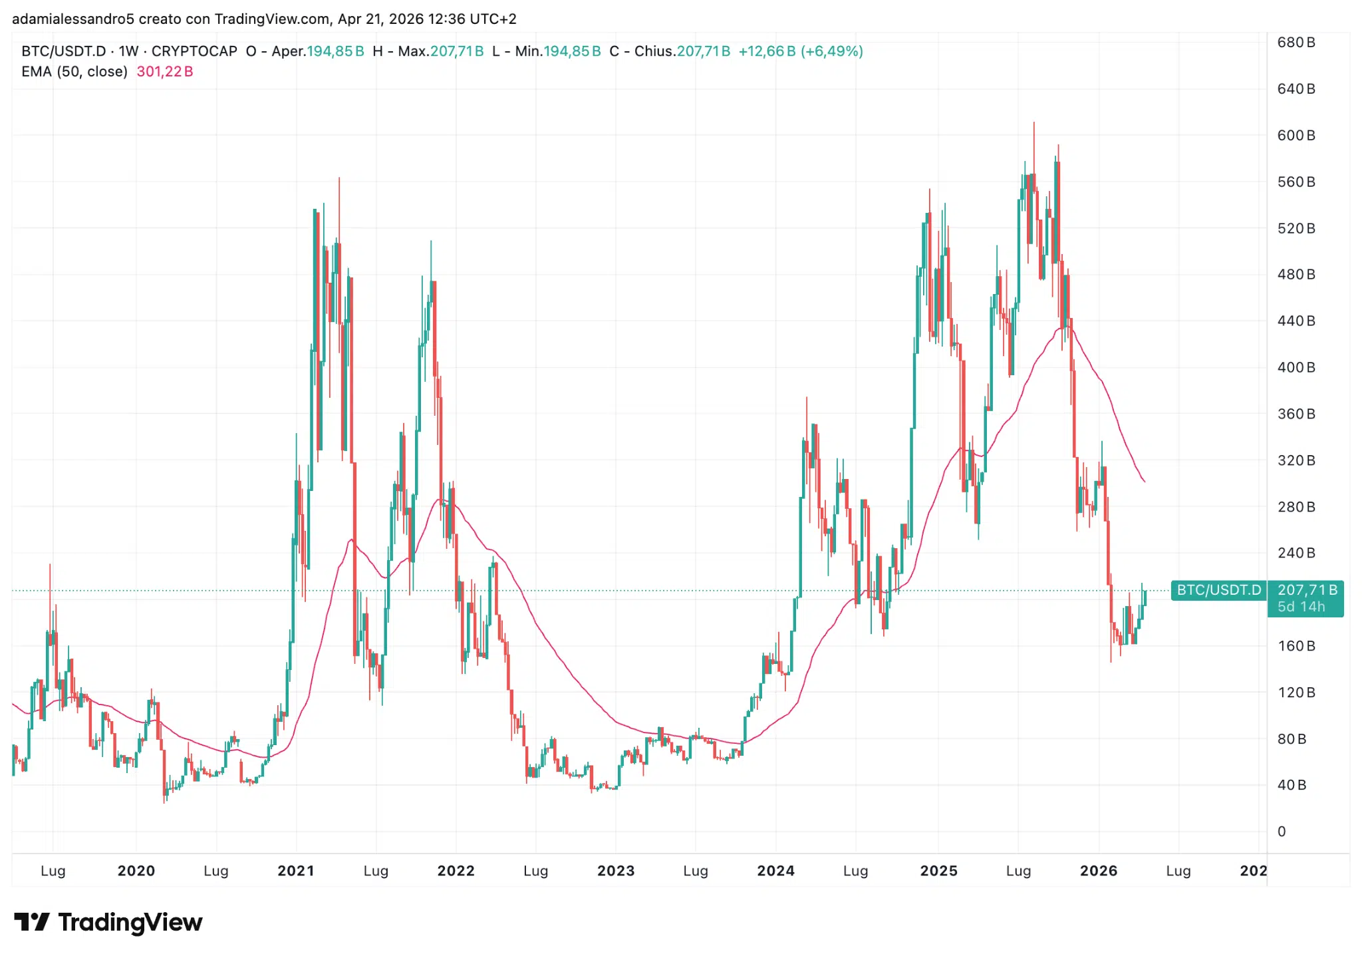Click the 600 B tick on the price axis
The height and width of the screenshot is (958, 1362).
[1295, 135]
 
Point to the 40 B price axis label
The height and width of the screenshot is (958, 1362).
[1292, 785]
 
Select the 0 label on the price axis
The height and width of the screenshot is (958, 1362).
[1282, 832]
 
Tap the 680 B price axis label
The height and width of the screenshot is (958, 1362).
[1295, 43]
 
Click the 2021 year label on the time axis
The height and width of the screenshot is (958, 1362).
[295, 871]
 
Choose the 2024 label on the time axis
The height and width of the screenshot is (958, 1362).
[775, 871]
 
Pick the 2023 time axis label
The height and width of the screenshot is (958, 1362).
[616, 871]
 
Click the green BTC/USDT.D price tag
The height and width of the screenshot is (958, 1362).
[1218, 590]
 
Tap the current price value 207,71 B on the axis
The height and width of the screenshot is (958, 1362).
[1307, 590]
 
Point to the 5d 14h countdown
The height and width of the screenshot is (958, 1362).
[1301, 607]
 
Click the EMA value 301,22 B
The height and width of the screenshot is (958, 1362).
[165, 72]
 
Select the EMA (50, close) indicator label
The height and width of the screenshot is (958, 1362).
[74, 72]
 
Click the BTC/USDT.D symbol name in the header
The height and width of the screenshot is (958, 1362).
[64, 51]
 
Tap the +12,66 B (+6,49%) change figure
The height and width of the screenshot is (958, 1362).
[801, 51]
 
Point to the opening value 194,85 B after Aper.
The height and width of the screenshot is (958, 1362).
[335, 51]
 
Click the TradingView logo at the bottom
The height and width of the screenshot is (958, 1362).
[108, 922]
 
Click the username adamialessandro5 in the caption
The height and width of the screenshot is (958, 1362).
[73, 19]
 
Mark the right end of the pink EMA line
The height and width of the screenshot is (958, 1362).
[1145, 482]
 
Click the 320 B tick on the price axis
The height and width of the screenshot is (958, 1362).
[1295, 460]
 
